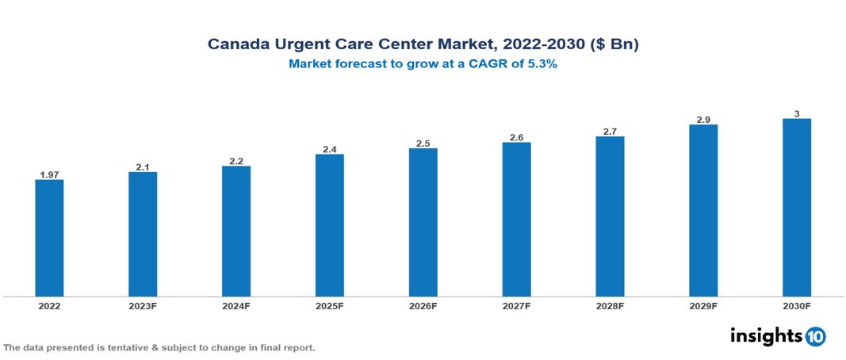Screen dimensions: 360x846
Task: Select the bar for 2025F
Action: click(330, 225)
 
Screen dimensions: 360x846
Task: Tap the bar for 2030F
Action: click(797, 208)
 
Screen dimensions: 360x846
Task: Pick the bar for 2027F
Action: click(516, 220)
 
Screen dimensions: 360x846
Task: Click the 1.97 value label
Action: click(49, 174)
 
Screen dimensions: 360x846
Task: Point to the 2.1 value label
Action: click(143, 167)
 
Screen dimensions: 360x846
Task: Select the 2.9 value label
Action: click(703, 119)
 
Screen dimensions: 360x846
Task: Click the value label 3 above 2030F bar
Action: click(797, 113)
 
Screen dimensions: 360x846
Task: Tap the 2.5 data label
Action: click(423, 143)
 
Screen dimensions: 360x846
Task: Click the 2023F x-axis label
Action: click(143, 305)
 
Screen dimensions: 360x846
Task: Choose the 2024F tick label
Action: click(236, 305)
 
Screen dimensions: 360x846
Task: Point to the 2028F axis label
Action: click(610, 305)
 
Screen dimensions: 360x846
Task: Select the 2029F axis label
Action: click(703, 305)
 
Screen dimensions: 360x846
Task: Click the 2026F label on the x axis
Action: click(423, 305)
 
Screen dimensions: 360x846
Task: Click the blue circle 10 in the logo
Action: click(816, 336)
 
